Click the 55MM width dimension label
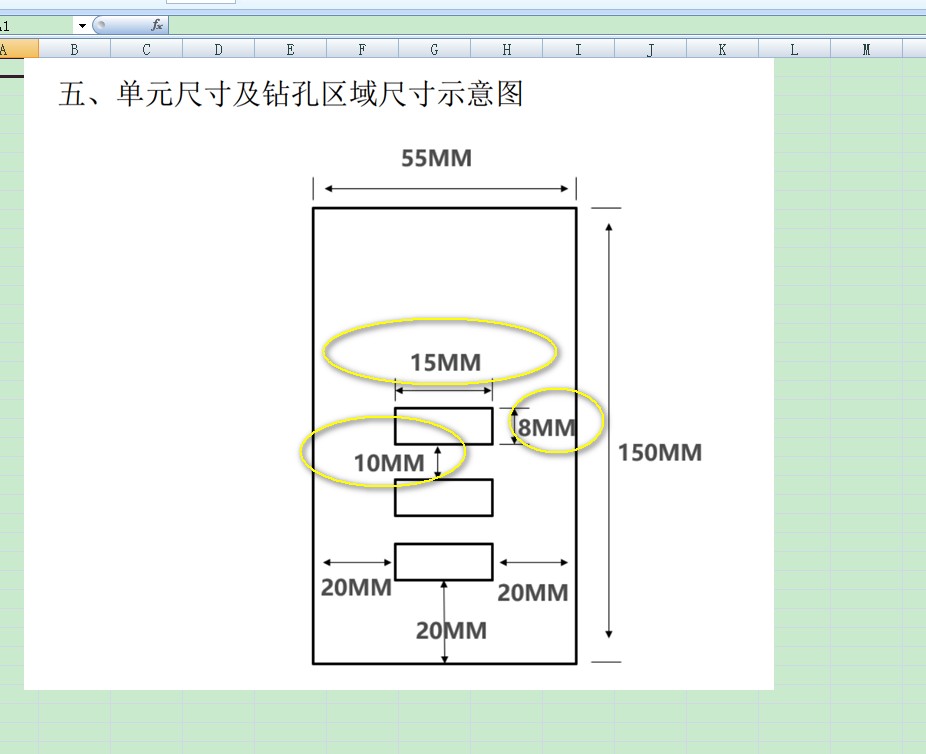tap(436, 158)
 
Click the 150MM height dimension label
tap(659, 452)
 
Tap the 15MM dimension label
tap(445, 362)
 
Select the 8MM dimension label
tap(546, 428)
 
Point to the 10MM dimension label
tap(389, 462)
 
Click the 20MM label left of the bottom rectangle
tap(356, 587)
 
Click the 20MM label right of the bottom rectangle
tap(533, 592)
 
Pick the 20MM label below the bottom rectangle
tap(452, 630)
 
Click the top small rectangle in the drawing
tap(443, 426)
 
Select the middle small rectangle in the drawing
tap(443, 497)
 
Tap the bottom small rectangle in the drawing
tap(443, 561)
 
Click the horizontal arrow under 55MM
tap(445, 188)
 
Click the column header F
tap(362, 49)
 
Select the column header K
tap(722, 49)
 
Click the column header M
tap(866, 49)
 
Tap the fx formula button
tap(157, 25)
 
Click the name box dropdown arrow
tap(81, 26)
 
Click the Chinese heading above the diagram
tap(291, 94)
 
